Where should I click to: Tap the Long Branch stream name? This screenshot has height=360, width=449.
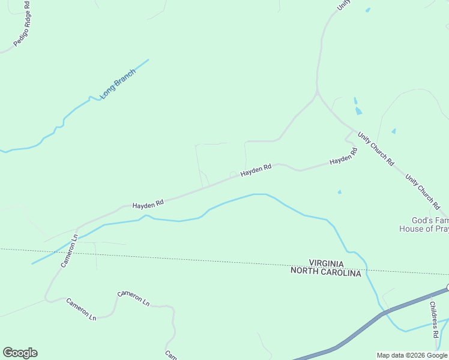coord(118,84)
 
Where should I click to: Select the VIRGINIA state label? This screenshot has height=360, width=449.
coord(327,263)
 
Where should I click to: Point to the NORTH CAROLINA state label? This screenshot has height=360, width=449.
coord(326,272)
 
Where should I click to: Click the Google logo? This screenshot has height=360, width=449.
coord(20,353)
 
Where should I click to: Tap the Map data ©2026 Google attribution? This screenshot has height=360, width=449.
coord(412,355)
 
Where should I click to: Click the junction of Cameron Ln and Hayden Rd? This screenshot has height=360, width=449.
coord(77,229)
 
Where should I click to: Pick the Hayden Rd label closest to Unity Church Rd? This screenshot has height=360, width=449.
coord(343,157)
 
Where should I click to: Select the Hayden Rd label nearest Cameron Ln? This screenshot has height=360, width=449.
coord(148,204)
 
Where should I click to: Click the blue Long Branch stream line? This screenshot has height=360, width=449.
coord(72,111)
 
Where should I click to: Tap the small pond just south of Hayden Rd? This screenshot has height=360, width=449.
coord(340,192)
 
